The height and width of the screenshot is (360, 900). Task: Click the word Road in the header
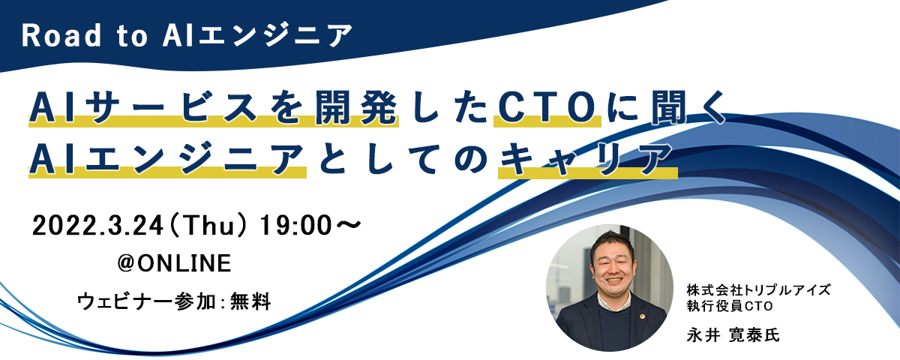[61, 36]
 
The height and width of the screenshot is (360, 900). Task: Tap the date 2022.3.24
[97, 226]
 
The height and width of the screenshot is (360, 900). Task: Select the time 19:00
[295, 226]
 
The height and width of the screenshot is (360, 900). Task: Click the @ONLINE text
[174, 263]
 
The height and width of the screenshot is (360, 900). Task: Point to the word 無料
[250, 301]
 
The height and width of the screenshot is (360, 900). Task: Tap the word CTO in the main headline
[547, 108]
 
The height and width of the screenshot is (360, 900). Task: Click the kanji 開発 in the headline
[356, 108]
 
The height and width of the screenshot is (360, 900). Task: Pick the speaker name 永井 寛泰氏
[733, 334]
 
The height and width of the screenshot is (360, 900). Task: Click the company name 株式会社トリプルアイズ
[758, 289]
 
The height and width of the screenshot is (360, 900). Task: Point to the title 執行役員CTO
[730, 306]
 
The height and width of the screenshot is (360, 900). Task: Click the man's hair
[611, 241]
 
